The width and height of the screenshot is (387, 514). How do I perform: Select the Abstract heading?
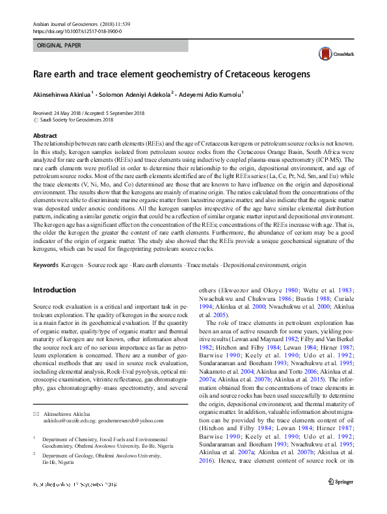46,136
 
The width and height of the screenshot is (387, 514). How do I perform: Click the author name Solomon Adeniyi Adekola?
134,94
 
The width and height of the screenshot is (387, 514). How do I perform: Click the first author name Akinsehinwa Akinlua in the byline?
62,94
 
